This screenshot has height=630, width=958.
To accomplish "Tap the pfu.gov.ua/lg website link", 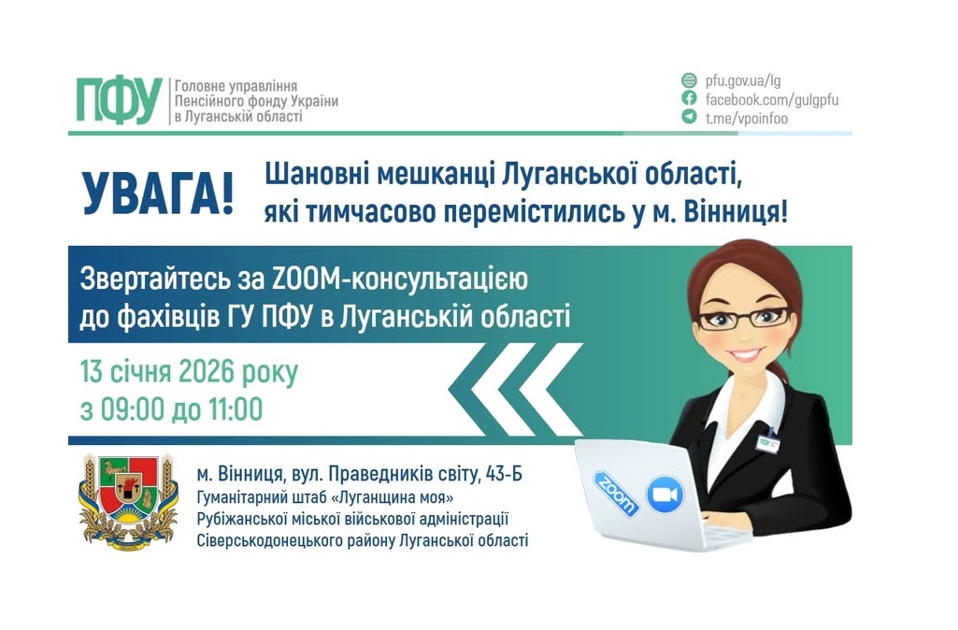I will [737, 80].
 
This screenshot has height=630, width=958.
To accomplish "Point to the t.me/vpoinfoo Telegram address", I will [746, 118].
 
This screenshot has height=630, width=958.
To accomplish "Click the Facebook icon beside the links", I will [689, 98].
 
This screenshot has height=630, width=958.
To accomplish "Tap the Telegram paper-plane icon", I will [689, 117].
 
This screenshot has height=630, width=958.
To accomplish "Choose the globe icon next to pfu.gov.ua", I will [689, 80].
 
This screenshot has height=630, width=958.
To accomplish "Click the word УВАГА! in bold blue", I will [157, 193].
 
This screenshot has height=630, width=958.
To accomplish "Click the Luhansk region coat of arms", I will [129, 501].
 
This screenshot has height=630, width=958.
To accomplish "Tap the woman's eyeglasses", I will [743, 317].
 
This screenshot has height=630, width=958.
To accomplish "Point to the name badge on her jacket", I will [769, 443].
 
